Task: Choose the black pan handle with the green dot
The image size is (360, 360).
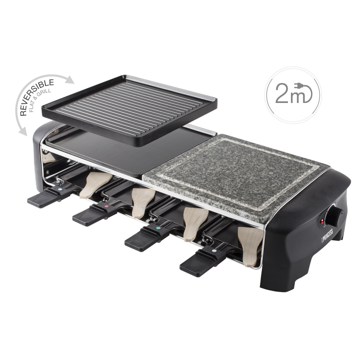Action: coord(141,239)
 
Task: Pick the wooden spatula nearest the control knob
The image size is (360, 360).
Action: coord(250,246)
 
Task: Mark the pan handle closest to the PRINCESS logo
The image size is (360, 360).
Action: coord(199,263)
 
